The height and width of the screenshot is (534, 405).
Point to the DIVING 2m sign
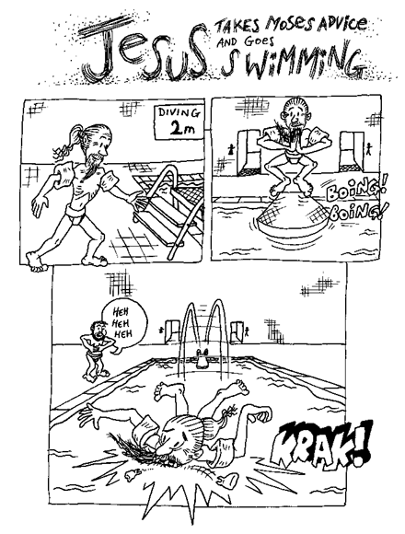[178, 122]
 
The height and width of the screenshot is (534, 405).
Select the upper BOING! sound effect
[355, 192]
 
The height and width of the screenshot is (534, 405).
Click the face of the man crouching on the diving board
[295, 115]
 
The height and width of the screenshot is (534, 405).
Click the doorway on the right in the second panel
[352, 152]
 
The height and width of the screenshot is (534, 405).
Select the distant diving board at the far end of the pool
[203, 358]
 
